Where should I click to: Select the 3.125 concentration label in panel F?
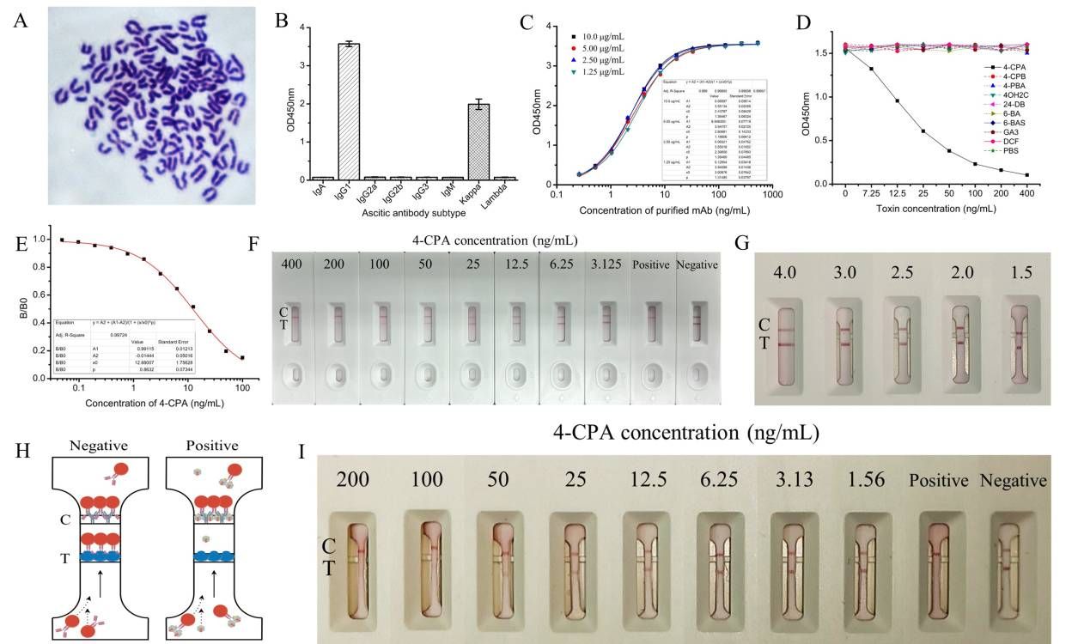click(606, 265)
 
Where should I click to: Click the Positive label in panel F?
click(650, 265)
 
